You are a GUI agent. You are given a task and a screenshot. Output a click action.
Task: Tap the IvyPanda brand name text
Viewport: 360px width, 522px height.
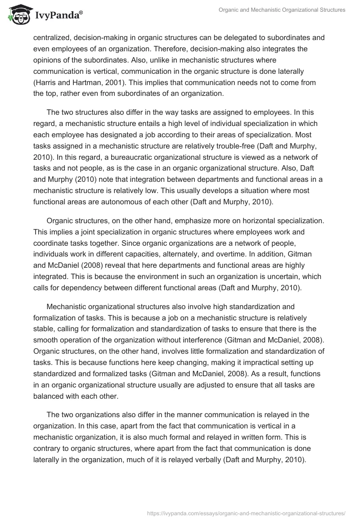(x=56, y=15)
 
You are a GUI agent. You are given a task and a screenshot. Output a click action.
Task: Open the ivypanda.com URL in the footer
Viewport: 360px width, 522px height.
(x=246, y=512)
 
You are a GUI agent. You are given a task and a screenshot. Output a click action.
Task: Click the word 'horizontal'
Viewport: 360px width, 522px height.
(x=258, y=221)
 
